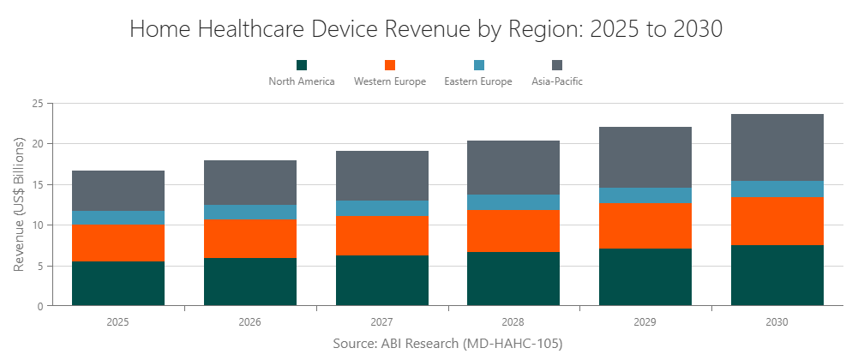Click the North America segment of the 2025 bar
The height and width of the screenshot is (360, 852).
(118, 284)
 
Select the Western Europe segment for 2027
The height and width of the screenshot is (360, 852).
(381, 236)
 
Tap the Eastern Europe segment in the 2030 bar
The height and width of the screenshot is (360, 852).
(777, 189)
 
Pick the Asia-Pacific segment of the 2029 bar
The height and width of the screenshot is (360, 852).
(645, 158)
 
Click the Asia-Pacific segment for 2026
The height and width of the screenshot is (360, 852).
(249, 183)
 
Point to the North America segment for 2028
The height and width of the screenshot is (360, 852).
(513, 279)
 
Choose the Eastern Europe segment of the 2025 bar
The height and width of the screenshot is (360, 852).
(118, 218)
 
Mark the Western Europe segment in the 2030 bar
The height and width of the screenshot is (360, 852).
(777, 221)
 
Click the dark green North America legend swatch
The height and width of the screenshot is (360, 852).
(302, 65)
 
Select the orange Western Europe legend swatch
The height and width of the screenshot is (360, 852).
(390, 65)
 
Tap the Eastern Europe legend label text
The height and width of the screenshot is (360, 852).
(478, 81)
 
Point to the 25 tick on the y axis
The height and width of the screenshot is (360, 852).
(37, 104)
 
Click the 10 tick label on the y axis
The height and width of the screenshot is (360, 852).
(37, 225)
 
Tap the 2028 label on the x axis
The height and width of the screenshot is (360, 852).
(513, 323)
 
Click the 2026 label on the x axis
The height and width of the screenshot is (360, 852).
(249, 323)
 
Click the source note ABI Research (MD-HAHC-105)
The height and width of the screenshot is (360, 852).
(447, 343)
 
